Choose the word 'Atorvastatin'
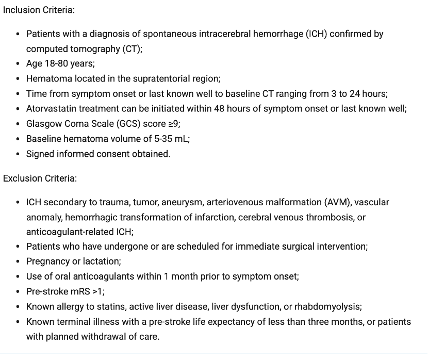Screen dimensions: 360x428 pos(51,109)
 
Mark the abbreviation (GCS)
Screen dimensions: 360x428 pos(125,124)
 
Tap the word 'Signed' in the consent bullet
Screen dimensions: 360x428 pos(39,154)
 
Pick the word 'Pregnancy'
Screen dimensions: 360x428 pos(47,261)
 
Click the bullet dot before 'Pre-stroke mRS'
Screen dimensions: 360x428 pos(19,291)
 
